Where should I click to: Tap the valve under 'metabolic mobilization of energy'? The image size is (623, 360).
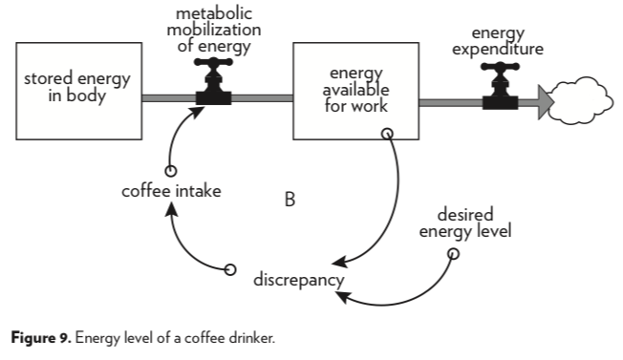213,81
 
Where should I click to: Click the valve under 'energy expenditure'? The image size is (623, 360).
500,86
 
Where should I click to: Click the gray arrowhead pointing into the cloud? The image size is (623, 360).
546,102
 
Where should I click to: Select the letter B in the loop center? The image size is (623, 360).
290,200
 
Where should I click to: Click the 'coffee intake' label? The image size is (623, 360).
171,191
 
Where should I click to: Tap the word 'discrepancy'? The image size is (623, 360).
299,280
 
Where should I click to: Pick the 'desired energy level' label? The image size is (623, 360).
465,222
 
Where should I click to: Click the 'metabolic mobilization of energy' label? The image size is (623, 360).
214,30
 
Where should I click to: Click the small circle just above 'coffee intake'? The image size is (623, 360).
171,171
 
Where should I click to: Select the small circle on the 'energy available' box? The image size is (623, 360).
387,134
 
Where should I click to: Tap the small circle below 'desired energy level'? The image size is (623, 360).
453,254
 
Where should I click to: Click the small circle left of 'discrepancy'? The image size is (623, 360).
230,270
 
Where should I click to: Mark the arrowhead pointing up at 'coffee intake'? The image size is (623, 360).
172,209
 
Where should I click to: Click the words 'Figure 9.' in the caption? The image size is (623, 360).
41,338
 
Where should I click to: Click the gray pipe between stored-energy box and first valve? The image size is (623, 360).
169,98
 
